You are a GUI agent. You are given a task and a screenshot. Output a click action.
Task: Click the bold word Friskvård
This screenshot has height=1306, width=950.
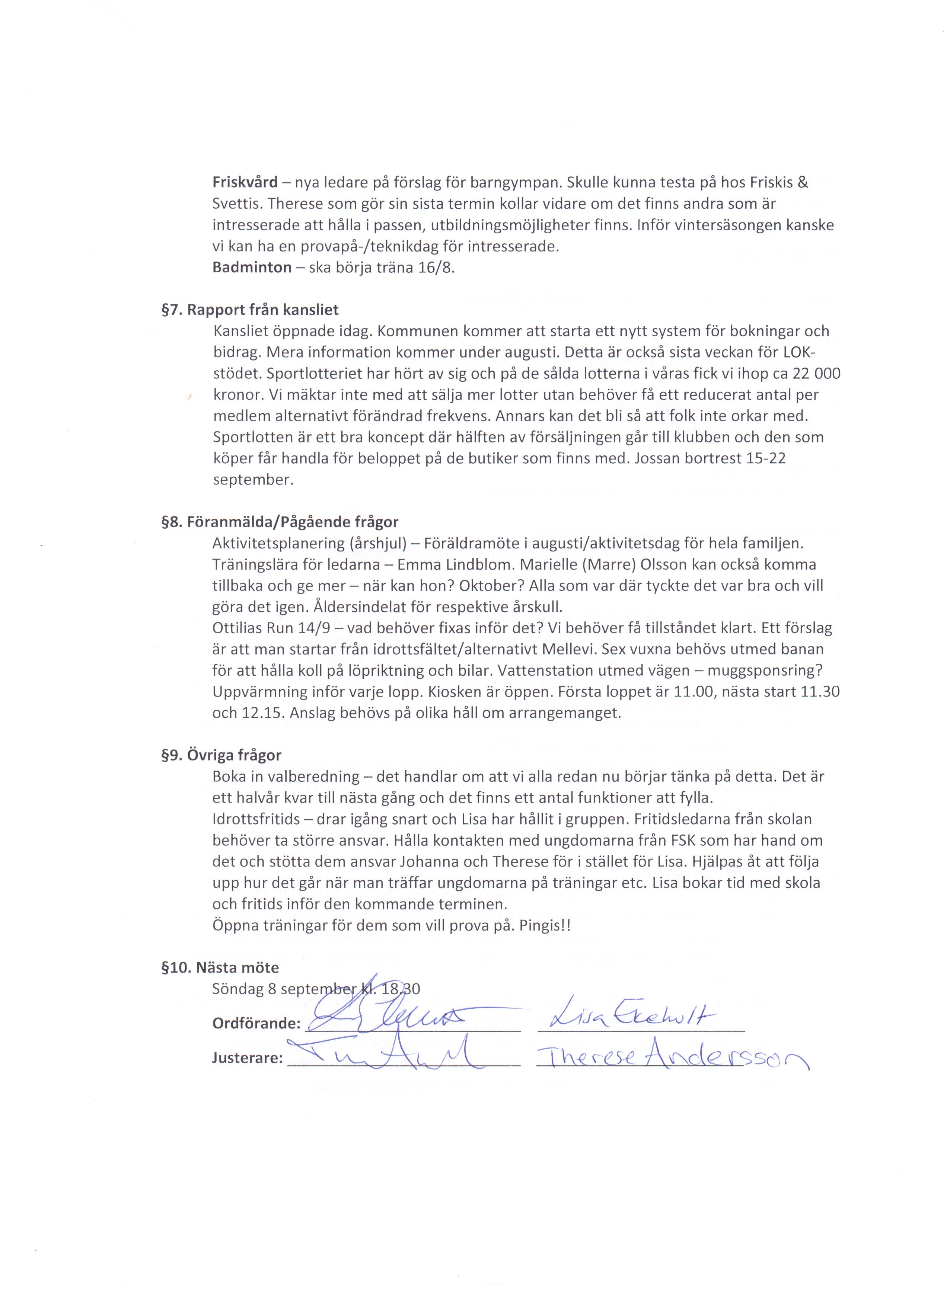[245, 183]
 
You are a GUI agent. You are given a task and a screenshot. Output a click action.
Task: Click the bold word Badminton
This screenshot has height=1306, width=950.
[252, 268]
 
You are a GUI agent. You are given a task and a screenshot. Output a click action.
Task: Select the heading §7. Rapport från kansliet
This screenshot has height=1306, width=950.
[250, 310]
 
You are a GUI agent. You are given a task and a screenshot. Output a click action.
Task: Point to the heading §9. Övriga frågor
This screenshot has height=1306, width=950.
[221, 755]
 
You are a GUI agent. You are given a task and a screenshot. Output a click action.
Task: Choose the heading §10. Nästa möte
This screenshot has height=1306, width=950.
[220, 968]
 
